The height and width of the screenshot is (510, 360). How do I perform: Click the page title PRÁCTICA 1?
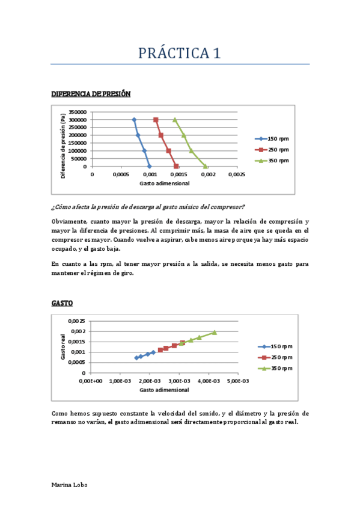(180, 53)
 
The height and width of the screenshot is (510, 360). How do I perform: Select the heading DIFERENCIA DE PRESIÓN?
(91, 94)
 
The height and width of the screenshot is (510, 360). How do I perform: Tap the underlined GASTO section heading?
(62, 303)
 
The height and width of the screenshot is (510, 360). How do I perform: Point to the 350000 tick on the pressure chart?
(78, 112)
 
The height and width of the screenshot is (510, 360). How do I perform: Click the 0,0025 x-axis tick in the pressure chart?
(237, 174)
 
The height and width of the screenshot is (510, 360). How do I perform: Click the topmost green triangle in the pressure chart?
(175, 120)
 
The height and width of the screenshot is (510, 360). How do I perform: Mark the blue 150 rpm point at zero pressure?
(150, 166)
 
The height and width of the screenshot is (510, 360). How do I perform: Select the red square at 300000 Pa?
(156, 120)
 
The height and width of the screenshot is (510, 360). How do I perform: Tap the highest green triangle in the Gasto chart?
(214, 332)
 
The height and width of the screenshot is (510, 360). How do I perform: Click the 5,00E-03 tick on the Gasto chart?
(237, 381)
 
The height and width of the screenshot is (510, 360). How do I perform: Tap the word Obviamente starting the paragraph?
(69, 221)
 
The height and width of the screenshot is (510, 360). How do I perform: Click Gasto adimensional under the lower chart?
(164, 389)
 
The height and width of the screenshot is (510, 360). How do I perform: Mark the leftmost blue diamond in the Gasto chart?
(136, 358)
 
